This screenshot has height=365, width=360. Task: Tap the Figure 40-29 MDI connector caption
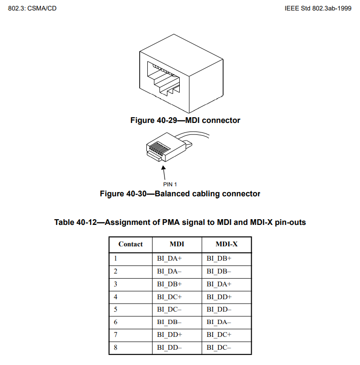(185, 121)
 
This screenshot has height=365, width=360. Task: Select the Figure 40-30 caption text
(180, 194)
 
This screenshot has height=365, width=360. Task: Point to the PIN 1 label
(170, 183)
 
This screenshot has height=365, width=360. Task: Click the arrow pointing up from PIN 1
(164, 172)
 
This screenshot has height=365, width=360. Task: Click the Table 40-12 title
(180, 223)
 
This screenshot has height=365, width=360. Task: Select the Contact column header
(130, 244)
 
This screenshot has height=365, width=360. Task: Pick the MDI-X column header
(226, 244)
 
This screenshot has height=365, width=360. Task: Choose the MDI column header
(177, 244)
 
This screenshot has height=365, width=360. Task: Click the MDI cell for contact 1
(169, 259)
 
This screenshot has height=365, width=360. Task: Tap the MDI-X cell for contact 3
(219, 284)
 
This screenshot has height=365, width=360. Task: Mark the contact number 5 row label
(116, 309)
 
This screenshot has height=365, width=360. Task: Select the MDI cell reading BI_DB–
(169, 322)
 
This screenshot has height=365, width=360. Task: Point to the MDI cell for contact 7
(169, 335)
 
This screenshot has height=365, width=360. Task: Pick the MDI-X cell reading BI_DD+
(219, 297)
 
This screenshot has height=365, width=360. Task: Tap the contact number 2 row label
(116, 271)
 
